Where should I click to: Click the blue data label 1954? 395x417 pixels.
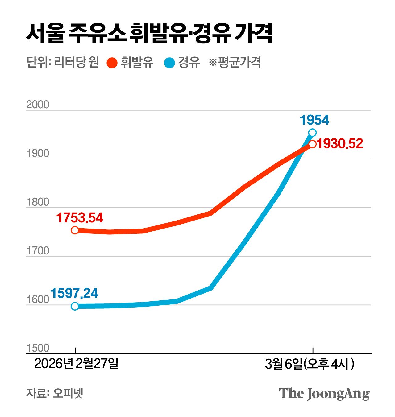point(314,120)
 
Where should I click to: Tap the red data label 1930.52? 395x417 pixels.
point(340,144)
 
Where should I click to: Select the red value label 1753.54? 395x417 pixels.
point(80,218)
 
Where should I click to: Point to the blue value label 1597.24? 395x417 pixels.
point(74,293)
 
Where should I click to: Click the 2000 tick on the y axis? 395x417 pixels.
point(38,105)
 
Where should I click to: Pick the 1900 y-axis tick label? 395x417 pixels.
point(38,154)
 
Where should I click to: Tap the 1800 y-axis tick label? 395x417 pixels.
point(38,202)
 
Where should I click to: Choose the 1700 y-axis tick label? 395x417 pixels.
point(38,251)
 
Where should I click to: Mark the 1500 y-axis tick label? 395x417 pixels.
point(38,348)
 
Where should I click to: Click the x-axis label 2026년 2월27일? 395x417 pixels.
point(76,364)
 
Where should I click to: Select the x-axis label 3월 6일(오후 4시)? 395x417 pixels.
point(310,364)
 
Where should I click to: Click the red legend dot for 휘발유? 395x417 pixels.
point(112,63)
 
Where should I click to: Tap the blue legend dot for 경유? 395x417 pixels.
point(169,63)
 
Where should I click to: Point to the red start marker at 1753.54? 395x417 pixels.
point(75,230)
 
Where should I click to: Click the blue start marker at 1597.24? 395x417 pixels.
point(75,306)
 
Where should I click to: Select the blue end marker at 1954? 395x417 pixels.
point(312,133)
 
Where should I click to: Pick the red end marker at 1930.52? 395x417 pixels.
point(312,144)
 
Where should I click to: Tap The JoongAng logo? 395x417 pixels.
point(324,394)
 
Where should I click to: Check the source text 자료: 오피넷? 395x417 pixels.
point(55,393)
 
